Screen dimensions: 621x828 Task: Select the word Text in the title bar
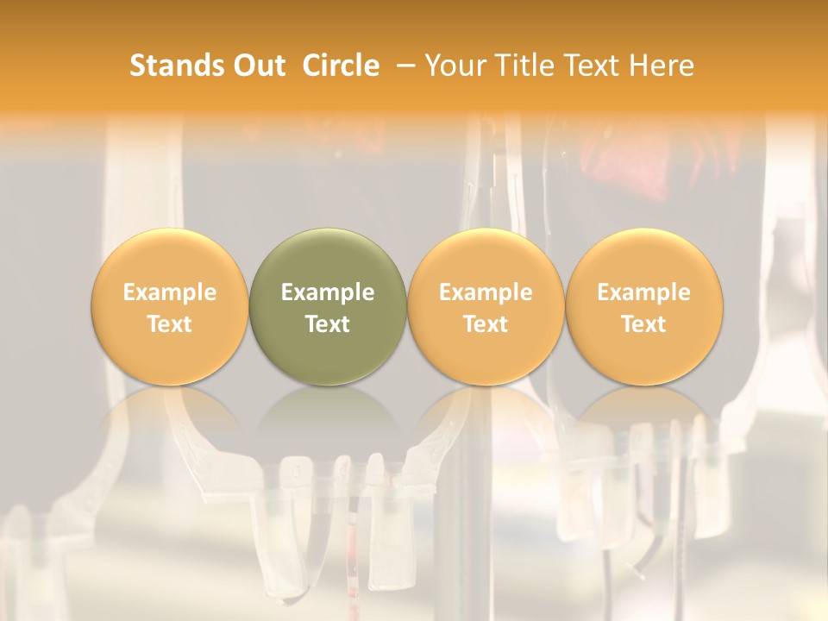pos(597,66)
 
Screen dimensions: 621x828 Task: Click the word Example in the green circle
pos(328,293)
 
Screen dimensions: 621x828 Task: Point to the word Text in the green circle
pos(328,324)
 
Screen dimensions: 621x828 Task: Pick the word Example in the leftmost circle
pos(169,293)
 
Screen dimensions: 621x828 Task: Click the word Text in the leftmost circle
pos(169,324)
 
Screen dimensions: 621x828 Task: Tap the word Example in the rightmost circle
pos(643,293)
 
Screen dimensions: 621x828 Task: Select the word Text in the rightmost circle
pos(643,324)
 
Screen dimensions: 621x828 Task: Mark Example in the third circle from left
pos(486,293)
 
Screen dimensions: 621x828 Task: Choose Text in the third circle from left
pos(486,324)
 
